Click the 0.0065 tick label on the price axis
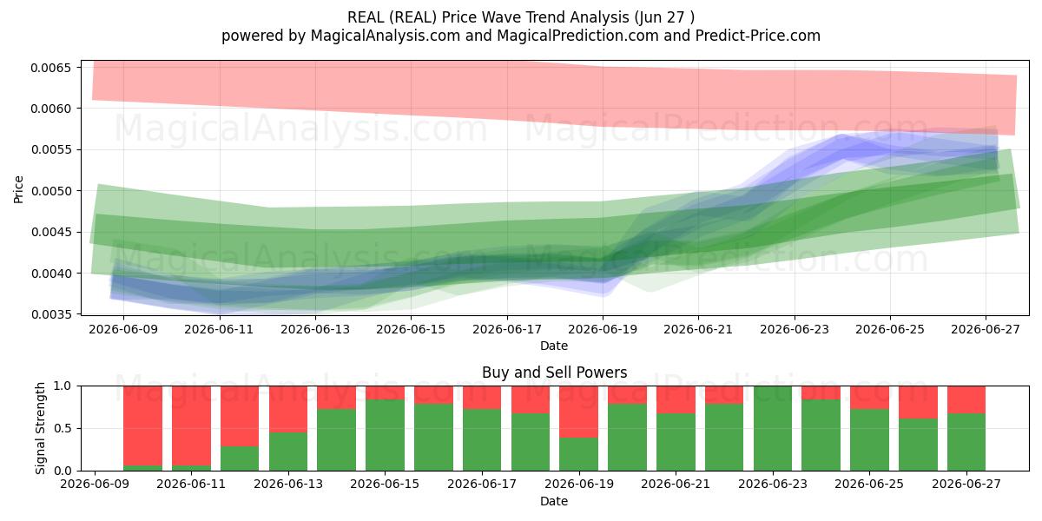pos(51,68)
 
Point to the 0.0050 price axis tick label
pos(51,191)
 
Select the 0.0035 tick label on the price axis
pos(51,315)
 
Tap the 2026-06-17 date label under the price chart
pos(507,329)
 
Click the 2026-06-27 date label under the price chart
pos(986,329)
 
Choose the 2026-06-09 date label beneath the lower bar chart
pos(95,484)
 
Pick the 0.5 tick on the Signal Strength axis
pos(63,428)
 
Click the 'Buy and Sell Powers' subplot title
pos(555,373)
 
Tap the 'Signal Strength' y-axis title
pos(41,428)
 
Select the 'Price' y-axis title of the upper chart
pos(18,189)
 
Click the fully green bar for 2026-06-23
pos(773,428)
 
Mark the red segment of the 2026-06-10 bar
pos(142,425)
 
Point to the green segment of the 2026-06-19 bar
pos(578,454)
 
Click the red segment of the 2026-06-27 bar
pos(966,399)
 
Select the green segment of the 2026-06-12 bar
pos(240,458)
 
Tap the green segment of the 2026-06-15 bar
pos(386,435)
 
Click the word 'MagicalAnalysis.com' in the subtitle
pos(386,36)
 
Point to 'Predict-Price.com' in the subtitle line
pos(758,36)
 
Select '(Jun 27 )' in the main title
pos(663,17)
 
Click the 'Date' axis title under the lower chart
pos(554,501)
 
